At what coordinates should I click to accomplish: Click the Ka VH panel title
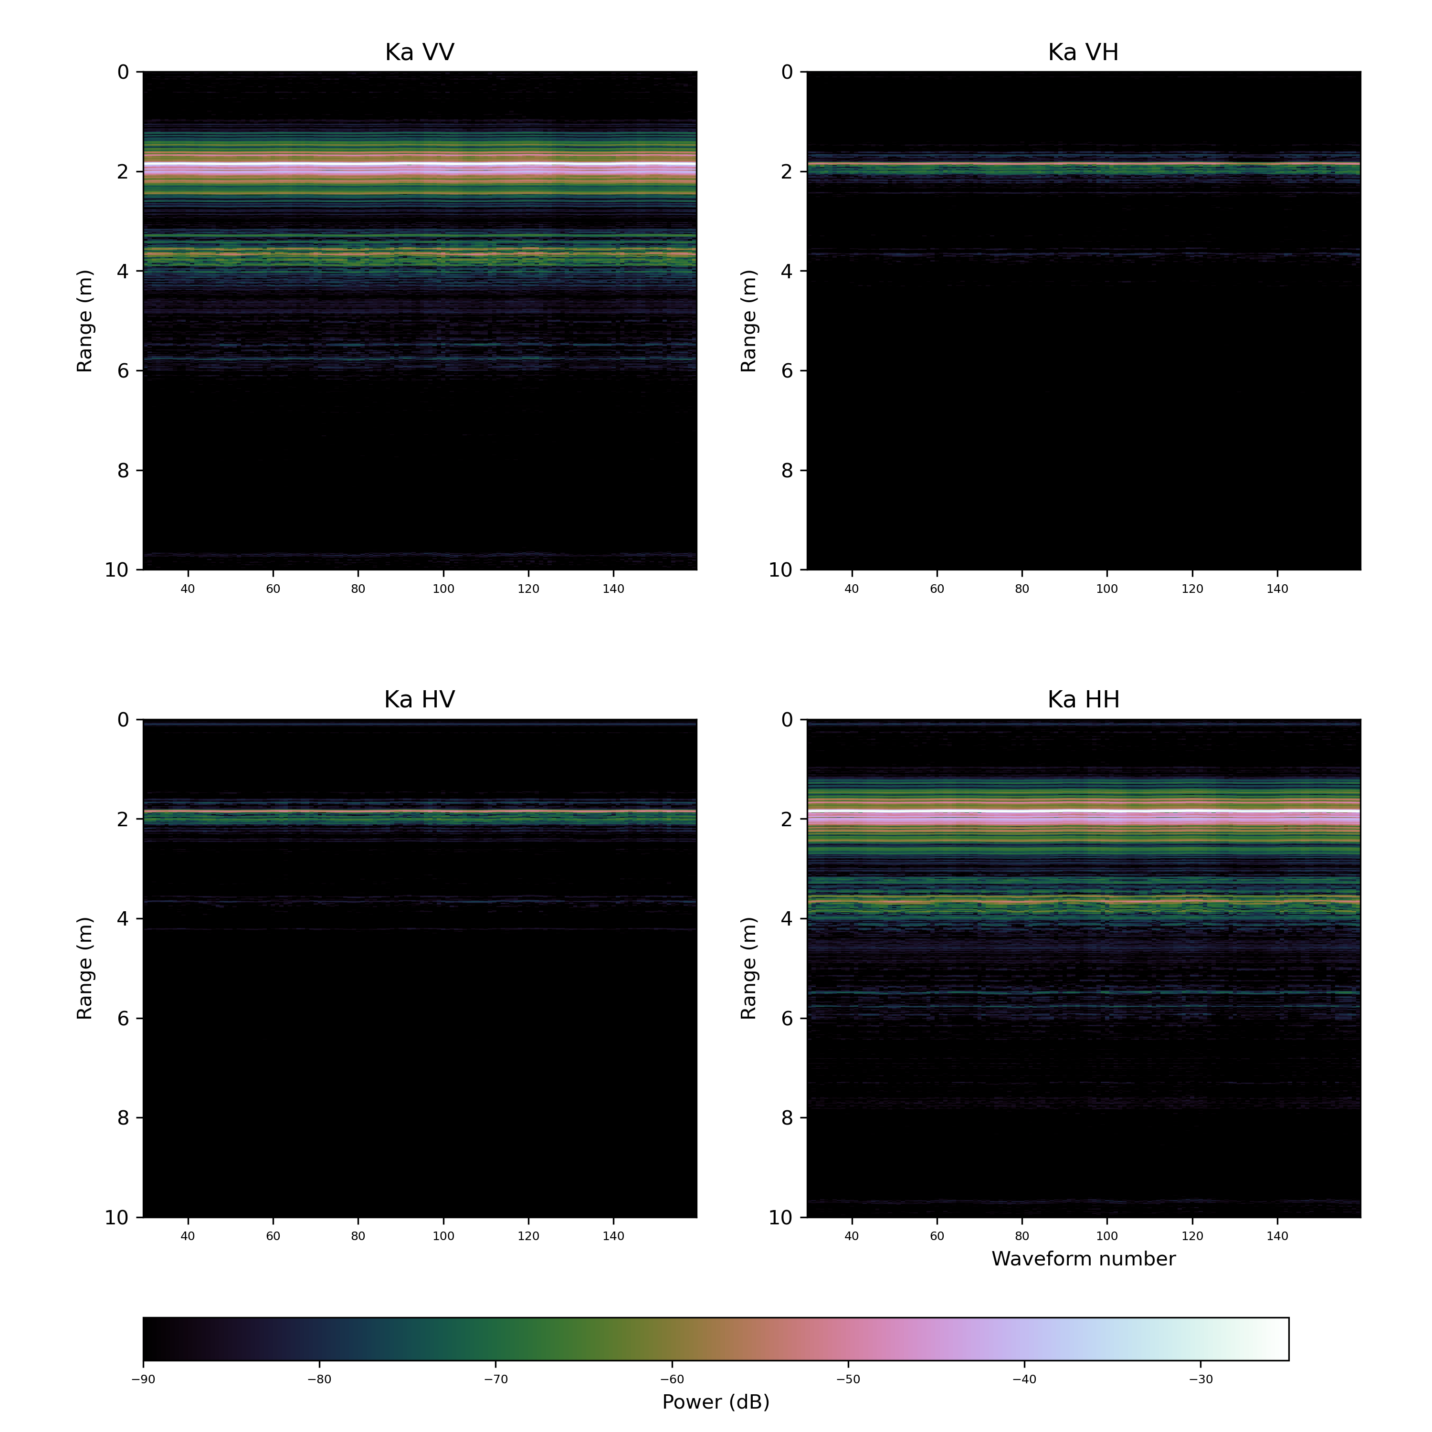coord(1083,53)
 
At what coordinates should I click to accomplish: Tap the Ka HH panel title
coord(1083,700)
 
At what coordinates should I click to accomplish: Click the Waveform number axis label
coord(1083,1259)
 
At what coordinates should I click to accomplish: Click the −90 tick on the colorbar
coord(143,1379)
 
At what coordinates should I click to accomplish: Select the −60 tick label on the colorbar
coord(672,1379)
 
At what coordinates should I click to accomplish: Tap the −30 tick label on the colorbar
coord(1201,1379)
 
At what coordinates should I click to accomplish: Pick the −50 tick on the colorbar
coord(849,1379)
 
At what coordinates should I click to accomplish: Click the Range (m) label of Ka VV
coord(84,321)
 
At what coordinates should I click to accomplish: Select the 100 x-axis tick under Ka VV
coord(443,589)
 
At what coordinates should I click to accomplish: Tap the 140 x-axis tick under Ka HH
coord(1277,1236)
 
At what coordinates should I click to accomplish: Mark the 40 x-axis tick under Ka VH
coord(852,589)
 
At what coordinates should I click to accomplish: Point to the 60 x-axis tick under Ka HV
coord(273,1236)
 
